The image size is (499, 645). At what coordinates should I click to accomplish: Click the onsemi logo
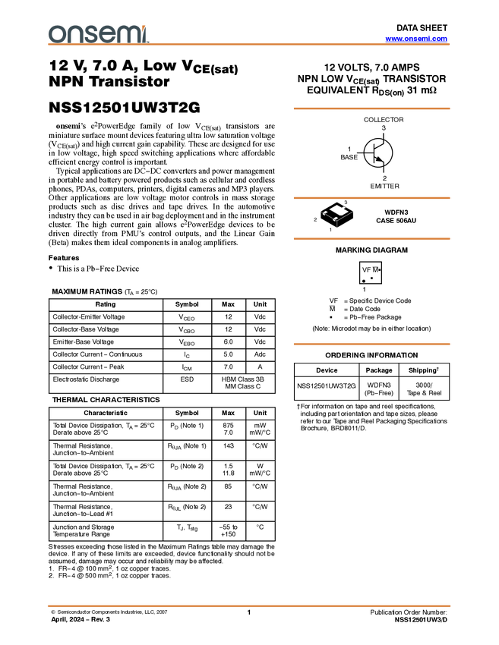(x=98, y=33)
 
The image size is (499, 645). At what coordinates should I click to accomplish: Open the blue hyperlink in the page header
(x=416, y=38)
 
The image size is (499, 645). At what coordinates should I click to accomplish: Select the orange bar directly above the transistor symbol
(x=371, y=109)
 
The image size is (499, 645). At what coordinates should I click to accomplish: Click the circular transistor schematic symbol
(x=377, y=153)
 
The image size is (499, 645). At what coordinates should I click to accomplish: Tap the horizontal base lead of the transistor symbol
(x=368, y=153)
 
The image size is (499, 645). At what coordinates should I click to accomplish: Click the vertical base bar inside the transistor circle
(x=374, y=153)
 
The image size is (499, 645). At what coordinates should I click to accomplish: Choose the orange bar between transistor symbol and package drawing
(x=371, y=198)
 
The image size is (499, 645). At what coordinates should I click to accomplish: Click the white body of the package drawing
(x=338, y=209)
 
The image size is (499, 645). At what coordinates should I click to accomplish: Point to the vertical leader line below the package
(x=337, y=225)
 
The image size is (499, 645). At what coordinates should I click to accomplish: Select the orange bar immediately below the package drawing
(x=371, y=238)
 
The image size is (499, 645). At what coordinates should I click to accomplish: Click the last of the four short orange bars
(x=371, y=345)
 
